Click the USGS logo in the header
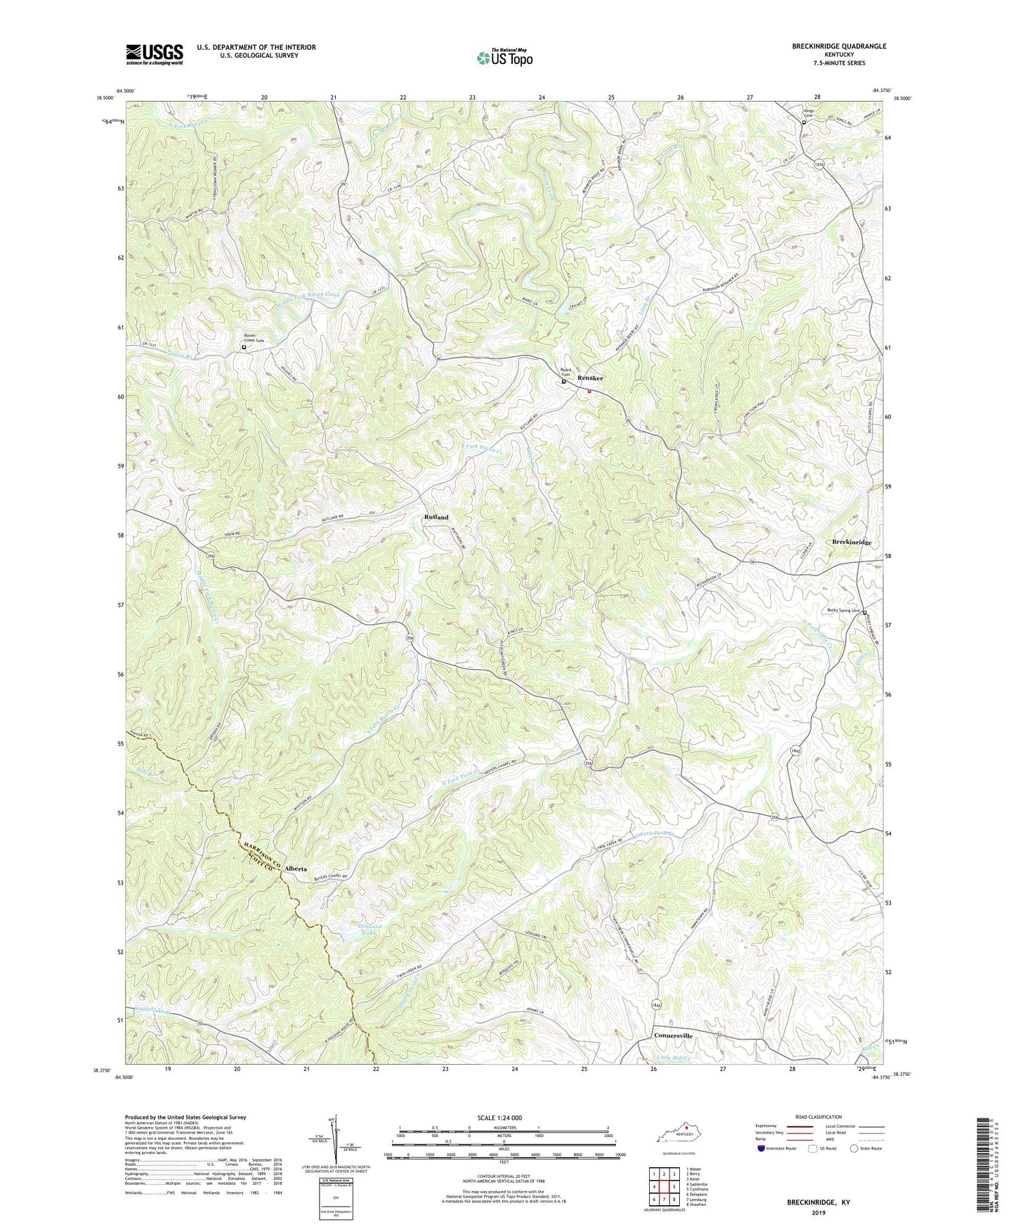tap(155, 54)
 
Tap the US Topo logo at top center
tap(504, 58)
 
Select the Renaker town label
tap(590, 378)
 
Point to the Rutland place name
tap(436, 517)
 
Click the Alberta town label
tap(296, 869)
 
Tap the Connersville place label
tap(673, 1036)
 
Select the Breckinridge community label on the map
tap(851, 543)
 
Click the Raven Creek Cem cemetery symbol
tap(244, 347)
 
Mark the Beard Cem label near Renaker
tap(565, 372)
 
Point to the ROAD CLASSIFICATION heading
tap(818, 1117)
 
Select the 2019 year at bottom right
tap(818, 1213)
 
